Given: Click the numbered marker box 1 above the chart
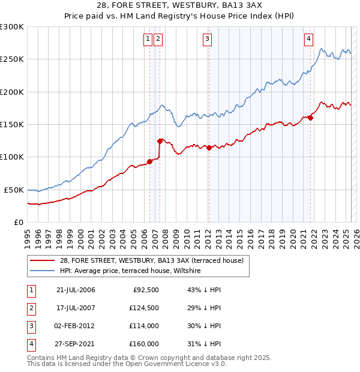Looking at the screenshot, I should [148, 40].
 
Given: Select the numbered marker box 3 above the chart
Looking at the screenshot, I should [207, 40].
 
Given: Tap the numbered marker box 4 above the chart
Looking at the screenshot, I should [308, 40].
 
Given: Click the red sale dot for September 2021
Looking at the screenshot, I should [311, 118].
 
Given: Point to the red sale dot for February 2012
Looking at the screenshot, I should [209, 148].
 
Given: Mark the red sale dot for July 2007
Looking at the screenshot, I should [160, 141].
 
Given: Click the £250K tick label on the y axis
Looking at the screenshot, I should [12, 59].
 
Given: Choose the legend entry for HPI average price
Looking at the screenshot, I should [130, 271].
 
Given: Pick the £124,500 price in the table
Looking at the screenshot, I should [143, 308].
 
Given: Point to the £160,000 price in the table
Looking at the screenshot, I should [143, 344].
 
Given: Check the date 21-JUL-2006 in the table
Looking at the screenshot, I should [76, 290].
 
